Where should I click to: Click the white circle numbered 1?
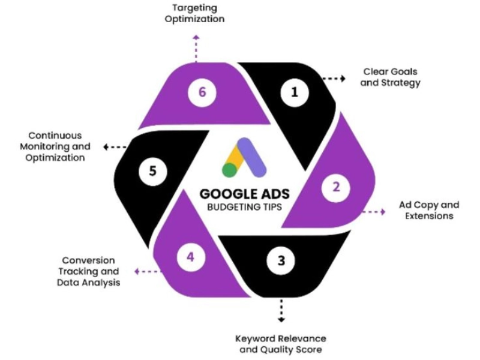(294, 92)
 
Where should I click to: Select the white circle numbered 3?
(281, 261)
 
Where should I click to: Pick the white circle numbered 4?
(190, 257)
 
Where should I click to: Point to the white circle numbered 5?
(152, 171)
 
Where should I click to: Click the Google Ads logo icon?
(244, 158)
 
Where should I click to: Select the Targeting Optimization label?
(196, 13)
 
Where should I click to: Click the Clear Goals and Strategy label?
(390, 77)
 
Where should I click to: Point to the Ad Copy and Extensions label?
(428, 210)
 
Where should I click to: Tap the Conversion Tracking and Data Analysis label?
(88, 271)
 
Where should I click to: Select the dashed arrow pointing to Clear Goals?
(334, 78)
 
